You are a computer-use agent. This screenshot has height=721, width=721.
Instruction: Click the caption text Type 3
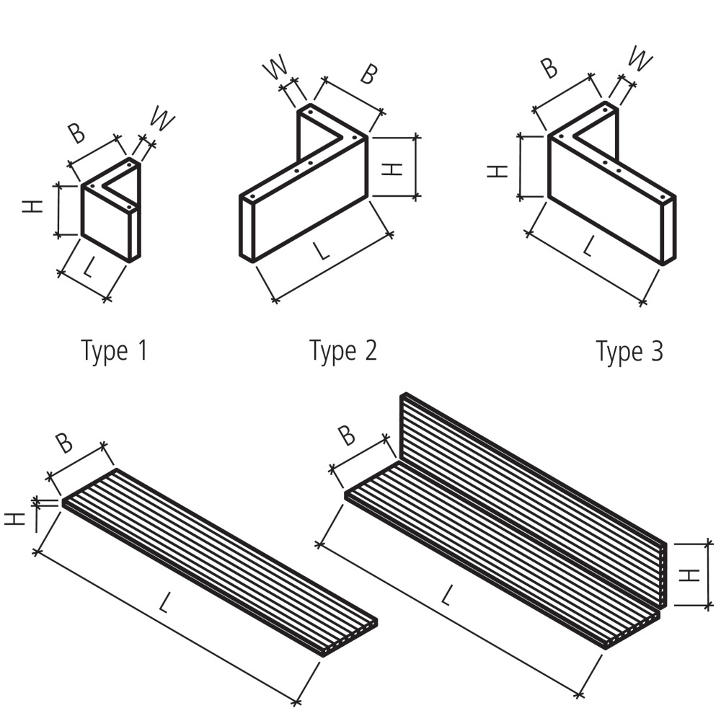click(x=629, y=352)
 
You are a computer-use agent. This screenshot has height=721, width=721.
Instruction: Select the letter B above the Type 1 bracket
click(x=76, y=133)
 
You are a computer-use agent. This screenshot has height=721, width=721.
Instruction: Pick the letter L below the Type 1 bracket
click(x=88, y=269)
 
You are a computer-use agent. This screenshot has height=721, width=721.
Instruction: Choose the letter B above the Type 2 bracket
click(x=368, y=74)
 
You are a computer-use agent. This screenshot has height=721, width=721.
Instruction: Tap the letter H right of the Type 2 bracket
click(x=391, y=169)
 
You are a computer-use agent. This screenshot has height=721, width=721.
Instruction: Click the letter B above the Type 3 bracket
click(x=549, y=67)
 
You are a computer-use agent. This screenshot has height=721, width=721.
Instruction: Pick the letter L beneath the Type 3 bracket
click(x=589, y=247)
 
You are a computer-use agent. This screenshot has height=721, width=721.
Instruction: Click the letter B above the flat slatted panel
click(x=64, y=442)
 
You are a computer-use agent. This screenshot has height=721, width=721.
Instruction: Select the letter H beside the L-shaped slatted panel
click(x=691, y=575)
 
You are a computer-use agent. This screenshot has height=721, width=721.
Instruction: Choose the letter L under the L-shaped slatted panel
click(x=447, y=596)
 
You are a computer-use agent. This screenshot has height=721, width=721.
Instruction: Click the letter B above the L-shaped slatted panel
click(x=347, y=435)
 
